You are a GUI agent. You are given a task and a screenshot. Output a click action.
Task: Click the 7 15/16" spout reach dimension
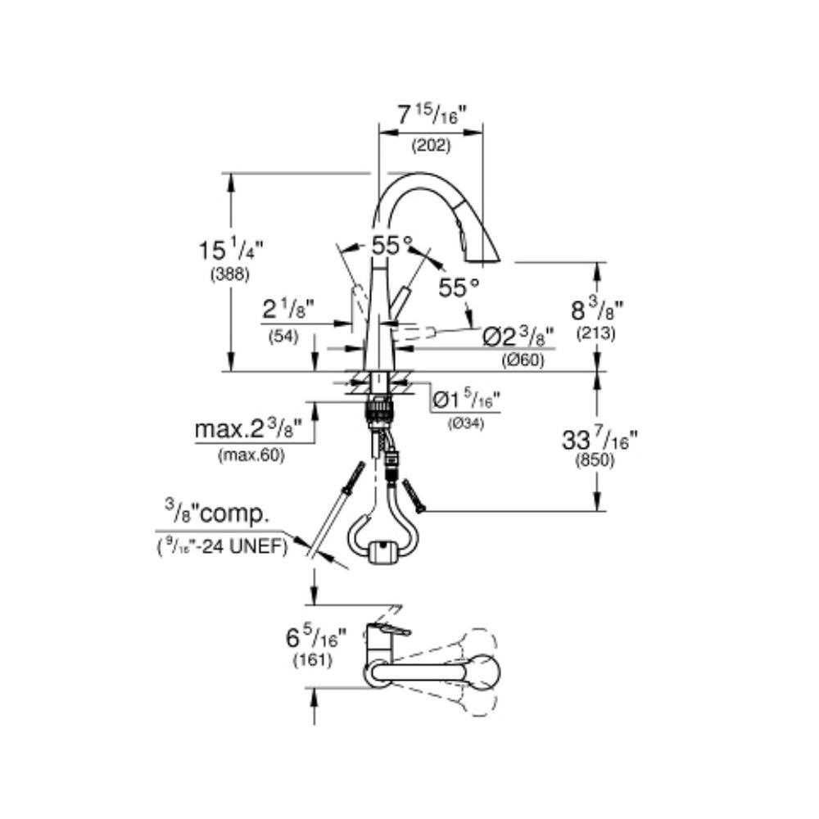[x=431, y=115]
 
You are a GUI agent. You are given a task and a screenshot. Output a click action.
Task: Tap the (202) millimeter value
[x=431, y=146]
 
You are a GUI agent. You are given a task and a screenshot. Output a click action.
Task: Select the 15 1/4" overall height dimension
[x=230, y=250]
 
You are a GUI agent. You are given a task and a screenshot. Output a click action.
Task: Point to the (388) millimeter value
[x=230, y=274]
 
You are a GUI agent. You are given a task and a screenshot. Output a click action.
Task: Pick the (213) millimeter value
[x=596, y=333]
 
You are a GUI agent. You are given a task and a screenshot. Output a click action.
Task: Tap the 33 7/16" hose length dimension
[x=600, y=439]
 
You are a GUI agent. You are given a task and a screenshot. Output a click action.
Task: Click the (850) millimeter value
[x=595, y=461]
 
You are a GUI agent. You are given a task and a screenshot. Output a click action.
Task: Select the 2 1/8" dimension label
[x=287, y=310]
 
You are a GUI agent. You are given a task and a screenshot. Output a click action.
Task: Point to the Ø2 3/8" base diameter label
[x=518, y=337]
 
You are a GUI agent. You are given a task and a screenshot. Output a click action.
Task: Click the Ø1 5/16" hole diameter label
[x=467, y=400]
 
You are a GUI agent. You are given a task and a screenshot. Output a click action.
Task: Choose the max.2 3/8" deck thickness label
[x=249, y=431]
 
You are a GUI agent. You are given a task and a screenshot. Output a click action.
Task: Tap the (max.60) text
[x=251, y=456]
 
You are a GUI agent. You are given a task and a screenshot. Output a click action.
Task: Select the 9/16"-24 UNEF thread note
[x=223, y=547]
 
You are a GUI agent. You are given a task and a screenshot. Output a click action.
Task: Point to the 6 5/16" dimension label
[x=316, y=638]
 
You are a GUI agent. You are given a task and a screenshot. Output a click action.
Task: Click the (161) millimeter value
[x=313, y=660]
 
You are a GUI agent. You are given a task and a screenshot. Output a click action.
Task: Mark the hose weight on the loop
[x=384, y=553]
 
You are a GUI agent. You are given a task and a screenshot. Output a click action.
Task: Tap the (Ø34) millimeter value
[x=465, y=423]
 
